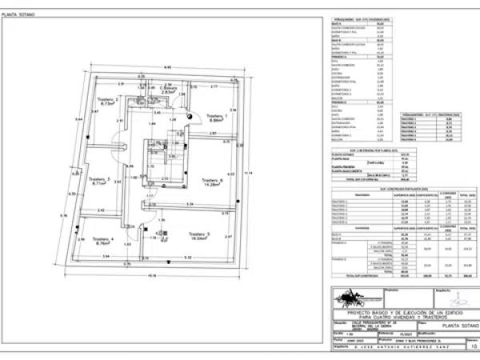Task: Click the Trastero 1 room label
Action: tap(218, 118)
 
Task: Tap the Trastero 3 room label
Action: tap(100, 180)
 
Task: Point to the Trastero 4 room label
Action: tap(103, 240)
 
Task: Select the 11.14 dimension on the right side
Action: tap(249, 174)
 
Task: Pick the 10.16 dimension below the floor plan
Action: tap(152, 276)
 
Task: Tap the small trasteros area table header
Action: tap(438, 114)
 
